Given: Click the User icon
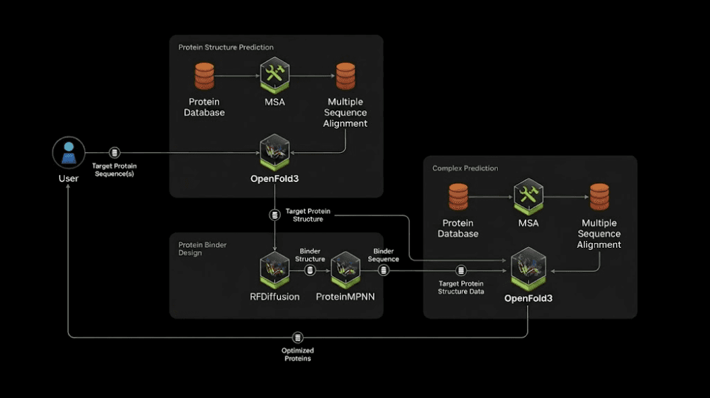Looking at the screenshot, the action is tap(68, 153).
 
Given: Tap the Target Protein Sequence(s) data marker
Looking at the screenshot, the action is tap(115, 153).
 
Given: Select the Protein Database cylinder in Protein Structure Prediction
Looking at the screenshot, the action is tap(204, 76).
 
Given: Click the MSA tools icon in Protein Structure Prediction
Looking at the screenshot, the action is tap(275, 75).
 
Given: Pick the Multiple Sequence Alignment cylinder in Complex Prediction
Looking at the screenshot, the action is tap(599, 197).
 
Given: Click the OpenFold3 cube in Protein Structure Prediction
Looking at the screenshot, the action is tap(275, 152).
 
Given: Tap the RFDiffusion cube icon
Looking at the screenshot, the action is tap(275, 270).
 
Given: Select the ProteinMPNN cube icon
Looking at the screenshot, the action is tap(345, 270).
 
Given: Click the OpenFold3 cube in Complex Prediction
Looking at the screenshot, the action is tap(528, 268).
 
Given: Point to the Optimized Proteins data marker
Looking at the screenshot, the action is tap(297, 337).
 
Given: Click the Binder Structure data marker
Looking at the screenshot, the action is tap(310, 271).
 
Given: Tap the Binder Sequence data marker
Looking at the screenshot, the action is tap(384, 271).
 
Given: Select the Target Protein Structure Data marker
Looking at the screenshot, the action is tap(461, 271).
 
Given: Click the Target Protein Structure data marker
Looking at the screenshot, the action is tap(275, 215).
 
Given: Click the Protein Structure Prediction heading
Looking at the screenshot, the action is tap(226, 47).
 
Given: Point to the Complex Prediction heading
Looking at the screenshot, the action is tap(465, 169).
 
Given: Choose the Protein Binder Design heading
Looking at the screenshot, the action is tap(202, 249).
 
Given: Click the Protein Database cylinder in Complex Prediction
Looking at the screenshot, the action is tap(457, 197).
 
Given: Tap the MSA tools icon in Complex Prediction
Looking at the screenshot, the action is tap(528, 196).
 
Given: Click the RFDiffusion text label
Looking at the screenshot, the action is tap(275, 297).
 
